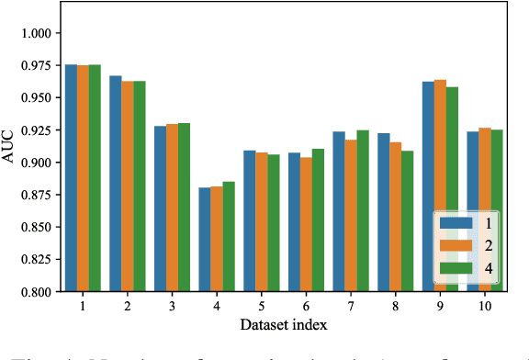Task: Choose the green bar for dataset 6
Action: coord(317,220)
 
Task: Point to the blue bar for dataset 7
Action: coord(339,211)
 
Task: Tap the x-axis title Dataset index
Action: coord(284,324)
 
